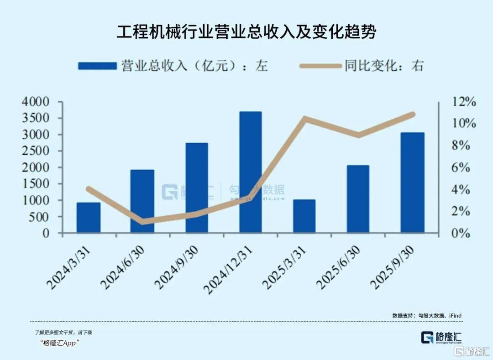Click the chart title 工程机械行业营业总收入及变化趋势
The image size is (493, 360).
246,32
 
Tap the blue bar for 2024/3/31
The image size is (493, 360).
89,218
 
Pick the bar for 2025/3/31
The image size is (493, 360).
304,216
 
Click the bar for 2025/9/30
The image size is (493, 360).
412,183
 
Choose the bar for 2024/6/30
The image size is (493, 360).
142,201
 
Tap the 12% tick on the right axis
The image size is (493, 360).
463,102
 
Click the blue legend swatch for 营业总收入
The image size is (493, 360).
97,66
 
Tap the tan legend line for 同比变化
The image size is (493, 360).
320,66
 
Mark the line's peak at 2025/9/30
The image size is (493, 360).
413,114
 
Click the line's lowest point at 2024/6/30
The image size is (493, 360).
142,222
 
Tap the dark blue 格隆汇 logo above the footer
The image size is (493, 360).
441,338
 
